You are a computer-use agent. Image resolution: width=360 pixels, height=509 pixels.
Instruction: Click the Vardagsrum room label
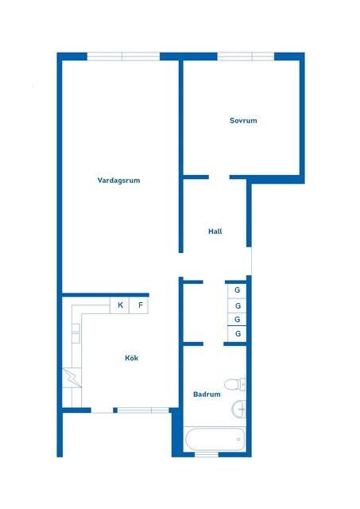118,181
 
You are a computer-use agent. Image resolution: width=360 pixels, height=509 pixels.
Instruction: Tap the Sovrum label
243,120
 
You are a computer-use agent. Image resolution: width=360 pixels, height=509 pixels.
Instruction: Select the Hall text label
215,231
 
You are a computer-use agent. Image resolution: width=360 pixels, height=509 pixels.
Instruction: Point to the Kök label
131,358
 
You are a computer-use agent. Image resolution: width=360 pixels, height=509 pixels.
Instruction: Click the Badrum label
207,394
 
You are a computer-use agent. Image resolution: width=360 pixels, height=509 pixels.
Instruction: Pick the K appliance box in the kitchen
119,305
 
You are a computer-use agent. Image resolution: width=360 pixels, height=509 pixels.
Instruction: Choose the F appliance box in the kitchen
139,305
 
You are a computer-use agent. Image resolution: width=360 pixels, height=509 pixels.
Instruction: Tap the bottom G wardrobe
237,334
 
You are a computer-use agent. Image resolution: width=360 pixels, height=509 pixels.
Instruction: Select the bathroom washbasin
239,410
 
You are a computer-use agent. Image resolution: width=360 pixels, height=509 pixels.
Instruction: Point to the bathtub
215,439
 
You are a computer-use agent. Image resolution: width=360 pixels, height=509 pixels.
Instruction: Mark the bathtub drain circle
238,440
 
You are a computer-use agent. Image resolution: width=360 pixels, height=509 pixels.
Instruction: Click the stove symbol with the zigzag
72,378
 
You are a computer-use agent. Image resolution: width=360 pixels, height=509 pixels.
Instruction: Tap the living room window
123,56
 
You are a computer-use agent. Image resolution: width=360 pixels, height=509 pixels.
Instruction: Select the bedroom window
246,56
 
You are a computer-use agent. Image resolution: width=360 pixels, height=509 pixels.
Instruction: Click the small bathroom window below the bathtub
207,454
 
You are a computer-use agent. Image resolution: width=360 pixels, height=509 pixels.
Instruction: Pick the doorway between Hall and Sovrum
219,177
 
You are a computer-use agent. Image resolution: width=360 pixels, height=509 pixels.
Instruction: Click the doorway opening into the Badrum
214,344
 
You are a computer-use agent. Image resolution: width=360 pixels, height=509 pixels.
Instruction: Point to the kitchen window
143,410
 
